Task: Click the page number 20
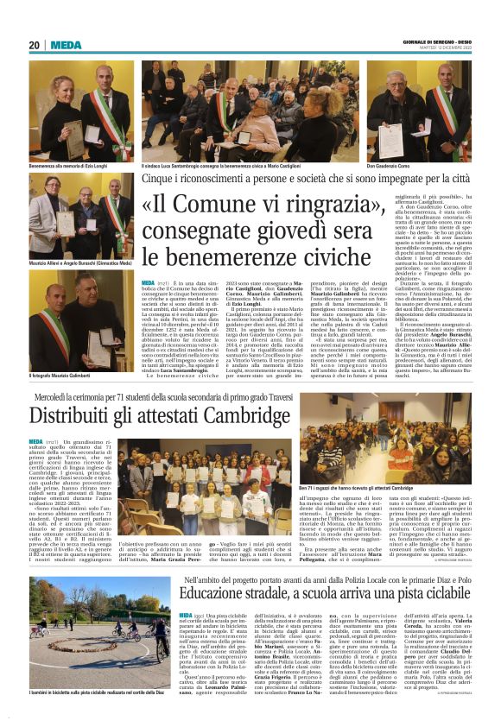(x=35, y=45)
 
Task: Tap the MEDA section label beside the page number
(x=66, y=45)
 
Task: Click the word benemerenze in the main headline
(x=228, y=256)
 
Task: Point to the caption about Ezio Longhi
(x=70, y=165)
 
